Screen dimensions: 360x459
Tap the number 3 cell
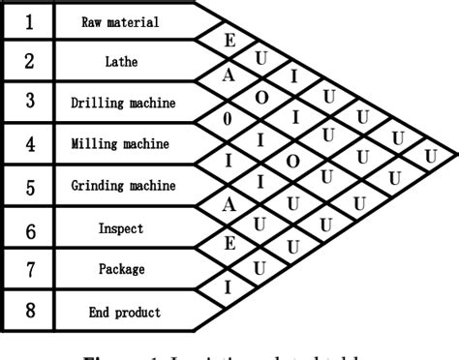28,102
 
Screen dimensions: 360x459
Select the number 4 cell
28,144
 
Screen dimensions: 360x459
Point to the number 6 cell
28,229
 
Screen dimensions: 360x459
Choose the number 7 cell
28,270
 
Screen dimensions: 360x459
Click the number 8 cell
28,313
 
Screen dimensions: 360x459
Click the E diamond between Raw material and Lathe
229,40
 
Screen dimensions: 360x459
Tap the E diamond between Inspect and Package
229,246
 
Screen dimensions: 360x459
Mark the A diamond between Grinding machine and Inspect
229,204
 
